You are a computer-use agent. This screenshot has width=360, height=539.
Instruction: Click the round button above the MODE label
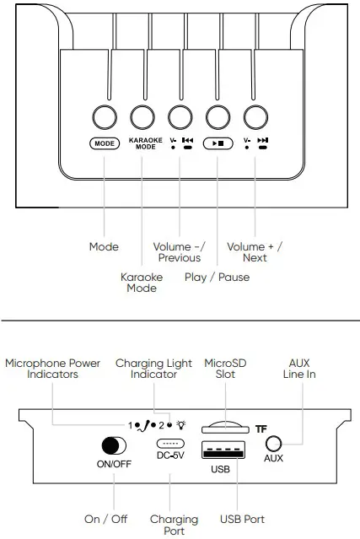tap(104, 116)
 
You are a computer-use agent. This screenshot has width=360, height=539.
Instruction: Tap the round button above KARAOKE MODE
tap(142, 116)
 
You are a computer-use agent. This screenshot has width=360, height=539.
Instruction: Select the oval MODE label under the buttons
tap(104, 143)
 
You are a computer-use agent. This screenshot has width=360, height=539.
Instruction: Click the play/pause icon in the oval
tap(218, 143)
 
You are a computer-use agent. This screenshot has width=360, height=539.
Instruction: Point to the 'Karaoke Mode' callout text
tap(142, 282)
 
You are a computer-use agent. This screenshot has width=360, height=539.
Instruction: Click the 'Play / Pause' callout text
tap(218, 276)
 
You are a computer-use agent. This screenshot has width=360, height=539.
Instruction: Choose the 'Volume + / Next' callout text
tap(255, 251)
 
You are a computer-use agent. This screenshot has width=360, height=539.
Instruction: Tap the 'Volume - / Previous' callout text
tap(180, 251)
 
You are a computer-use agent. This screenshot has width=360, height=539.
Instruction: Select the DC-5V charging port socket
tap(169, 445)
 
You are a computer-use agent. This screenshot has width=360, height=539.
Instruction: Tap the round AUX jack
tap(273, 445)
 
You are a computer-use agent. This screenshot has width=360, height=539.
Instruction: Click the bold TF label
tap(262, 429)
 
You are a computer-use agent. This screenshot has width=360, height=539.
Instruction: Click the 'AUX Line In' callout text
tap(299, 369)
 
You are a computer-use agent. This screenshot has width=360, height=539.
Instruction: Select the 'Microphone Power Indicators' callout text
tap(52, 369)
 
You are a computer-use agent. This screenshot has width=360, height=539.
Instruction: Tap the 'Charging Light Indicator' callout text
tap(147, 369)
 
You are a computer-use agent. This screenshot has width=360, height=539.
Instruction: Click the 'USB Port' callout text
tap(241, 519)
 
